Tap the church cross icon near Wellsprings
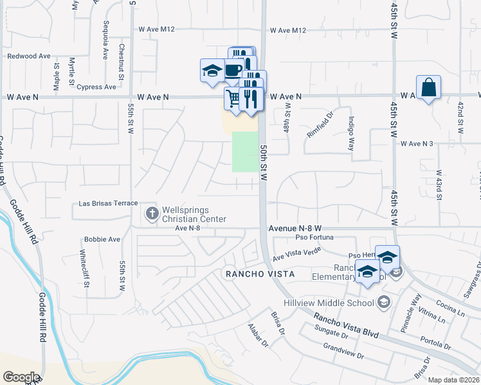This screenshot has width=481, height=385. point(152,212)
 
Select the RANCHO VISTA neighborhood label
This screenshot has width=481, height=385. point(259,274)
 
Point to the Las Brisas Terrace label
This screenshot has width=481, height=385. point(108,203)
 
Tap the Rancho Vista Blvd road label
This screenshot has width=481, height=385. point(346,325)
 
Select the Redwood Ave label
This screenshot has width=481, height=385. point(28,56)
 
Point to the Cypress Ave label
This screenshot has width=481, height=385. point(96,87)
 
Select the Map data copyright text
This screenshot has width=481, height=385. point(453,380)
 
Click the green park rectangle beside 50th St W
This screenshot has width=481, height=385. point(244,151)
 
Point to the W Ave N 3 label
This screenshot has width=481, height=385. point(418,144)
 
